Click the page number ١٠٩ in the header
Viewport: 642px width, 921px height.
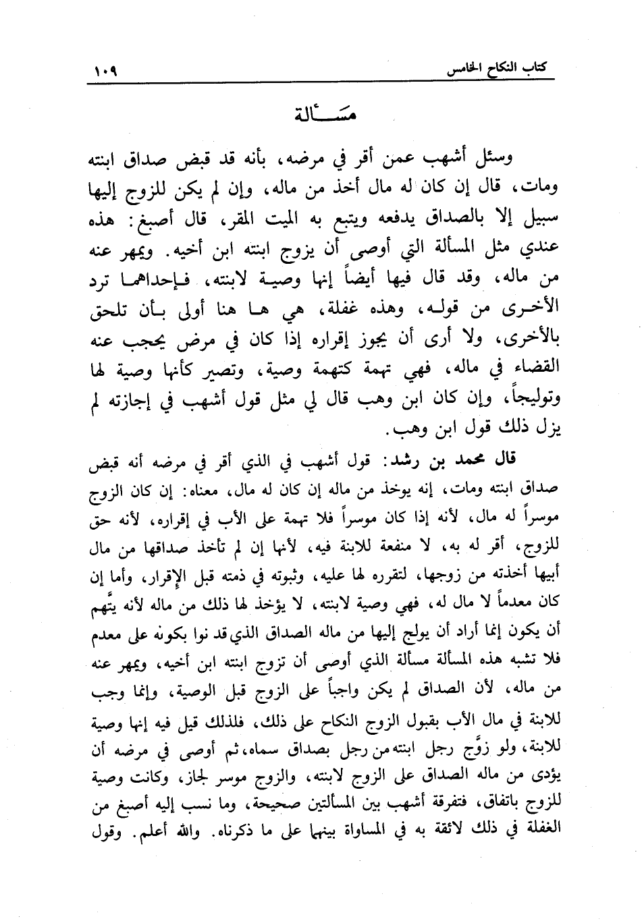(x=103, y=70)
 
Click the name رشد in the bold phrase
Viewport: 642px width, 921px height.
(x=404, y=459)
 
